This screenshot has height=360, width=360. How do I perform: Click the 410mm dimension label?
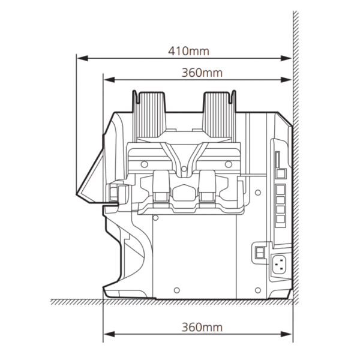pos(188,51)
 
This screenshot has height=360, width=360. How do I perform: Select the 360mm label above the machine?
pos(202,73)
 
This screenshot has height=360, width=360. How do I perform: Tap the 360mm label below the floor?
pos(202,327)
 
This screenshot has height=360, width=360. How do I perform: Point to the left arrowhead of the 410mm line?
pos(83,58)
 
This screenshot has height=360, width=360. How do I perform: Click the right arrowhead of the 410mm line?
pos(286,58)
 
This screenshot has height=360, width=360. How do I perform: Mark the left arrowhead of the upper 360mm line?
pos(109,80)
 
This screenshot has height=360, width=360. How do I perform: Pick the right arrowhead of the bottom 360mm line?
pos(286,334)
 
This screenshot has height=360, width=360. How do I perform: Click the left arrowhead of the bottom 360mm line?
pos(109,334)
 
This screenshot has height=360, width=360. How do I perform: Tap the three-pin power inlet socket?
pos(279,265)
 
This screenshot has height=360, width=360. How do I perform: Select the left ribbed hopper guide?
pos(149,115)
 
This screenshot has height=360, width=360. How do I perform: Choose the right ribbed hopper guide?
pos(219,115)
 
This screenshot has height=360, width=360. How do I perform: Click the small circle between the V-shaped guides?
pos(184,169)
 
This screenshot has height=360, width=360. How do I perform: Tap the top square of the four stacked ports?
pos(280,190)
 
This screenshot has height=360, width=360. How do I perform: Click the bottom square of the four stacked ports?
pos(280,219)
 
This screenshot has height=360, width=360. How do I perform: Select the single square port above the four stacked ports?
pos(281,173)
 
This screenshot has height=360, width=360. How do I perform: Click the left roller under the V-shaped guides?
pos(161,186)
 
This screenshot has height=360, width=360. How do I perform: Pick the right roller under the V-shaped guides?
pos(207,186)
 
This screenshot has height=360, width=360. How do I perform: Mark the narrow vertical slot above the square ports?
pos(277,160)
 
